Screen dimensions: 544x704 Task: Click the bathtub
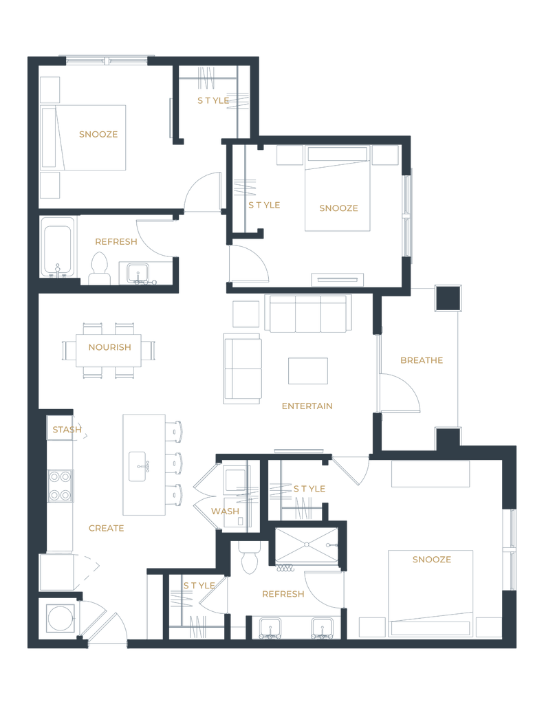[58, 248]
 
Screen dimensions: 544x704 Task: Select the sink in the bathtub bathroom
[140, 274]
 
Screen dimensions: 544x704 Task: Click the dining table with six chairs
[109, 349]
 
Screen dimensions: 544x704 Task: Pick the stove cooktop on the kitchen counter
[60, 485]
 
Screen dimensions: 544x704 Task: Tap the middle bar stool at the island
[176, 463]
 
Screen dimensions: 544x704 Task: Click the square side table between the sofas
[246, 313]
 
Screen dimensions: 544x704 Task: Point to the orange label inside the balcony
[421, 360]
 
